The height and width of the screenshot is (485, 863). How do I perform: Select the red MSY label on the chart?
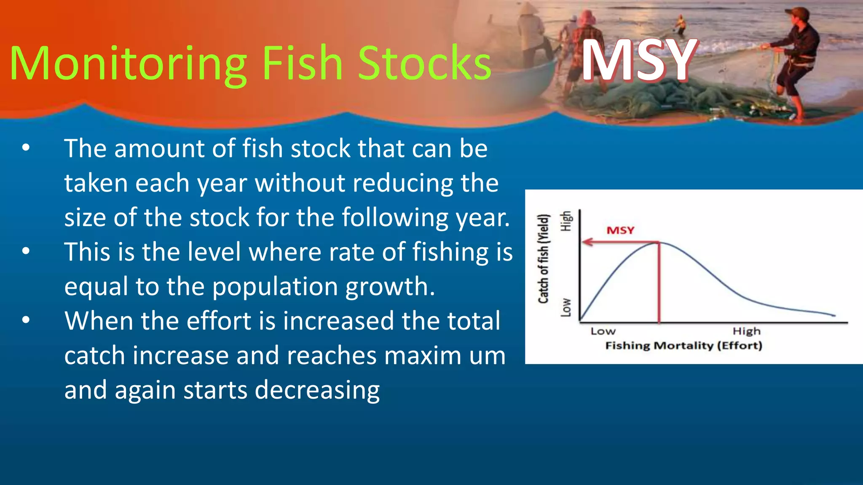[x=620, y=230]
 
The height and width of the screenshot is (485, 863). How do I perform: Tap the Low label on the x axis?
[x=603, y=331]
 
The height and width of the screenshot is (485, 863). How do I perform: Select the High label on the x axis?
[x=747, y=331]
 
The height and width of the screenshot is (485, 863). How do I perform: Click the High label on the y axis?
[x=566, y=221]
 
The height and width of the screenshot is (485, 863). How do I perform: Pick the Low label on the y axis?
[x=566, y=307]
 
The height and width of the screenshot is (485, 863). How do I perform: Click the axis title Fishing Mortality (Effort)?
[x=683, y=346]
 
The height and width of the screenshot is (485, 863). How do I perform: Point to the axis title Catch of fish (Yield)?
[x=544, y=258]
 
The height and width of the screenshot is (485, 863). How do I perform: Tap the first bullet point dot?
[x=26, y=148]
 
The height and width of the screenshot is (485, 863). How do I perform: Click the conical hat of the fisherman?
[x=527, y=8]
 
